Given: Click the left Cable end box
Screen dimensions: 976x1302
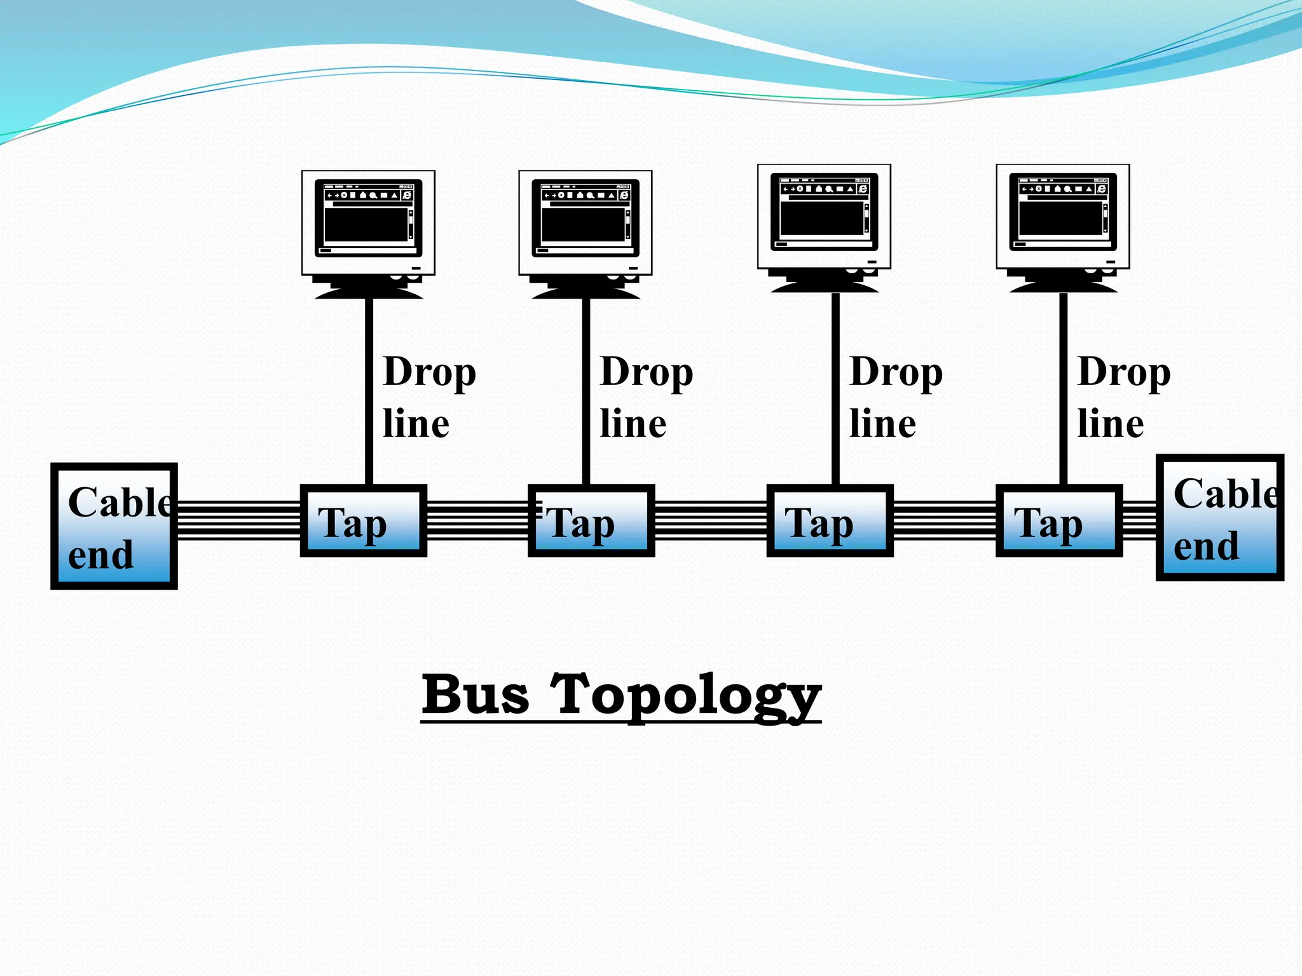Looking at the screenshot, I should [x=114, y=526].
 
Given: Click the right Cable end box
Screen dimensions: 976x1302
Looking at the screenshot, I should [x=1219, y=517].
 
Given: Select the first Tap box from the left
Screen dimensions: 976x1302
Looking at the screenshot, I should [x=363, y=521].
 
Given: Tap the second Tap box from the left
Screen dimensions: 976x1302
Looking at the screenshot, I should [x=591, y=521].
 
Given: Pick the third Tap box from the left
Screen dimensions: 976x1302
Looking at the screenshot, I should [x=830, y=521].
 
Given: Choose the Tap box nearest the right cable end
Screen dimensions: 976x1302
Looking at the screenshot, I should [x=1059, y=521].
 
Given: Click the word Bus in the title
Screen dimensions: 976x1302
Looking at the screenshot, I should [x=475, y=695].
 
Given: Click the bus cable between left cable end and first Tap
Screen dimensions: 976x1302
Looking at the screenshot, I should [x=238, y=520].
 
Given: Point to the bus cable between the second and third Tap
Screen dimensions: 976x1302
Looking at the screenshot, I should [x=710, y=520].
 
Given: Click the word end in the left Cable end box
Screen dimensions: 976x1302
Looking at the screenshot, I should [x=100, y=555].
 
